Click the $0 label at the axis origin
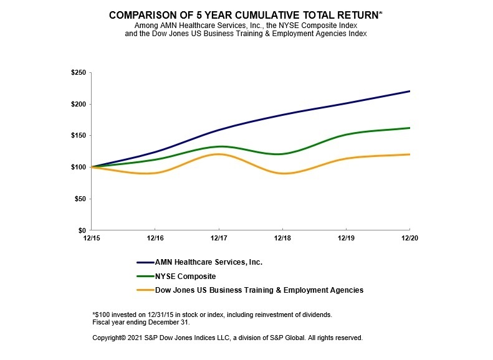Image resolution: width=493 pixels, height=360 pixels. coord(84,230)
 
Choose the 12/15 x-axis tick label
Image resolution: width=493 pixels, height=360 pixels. coord(92,238)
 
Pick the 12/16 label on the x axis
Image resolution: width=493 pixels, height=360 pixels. coord(155,238)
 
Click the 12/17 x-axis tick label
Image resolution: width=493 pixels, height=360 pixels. coord(219,238)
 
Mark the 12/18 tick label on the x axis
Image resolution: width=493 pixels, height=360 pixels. coord(282,238)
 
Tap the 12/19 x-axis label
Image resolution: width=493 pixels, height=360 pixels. coord(346,238)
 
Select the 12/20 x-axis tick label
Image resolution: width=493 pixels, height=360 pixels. coord(409,238)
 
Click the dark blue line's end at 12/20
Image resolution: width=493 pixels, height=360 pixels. coord(409,92)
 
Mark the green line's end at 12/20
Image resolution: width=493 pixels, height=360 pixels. coord(409,128)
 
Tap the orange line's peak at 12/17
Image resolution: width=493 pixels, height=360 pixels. coord(219,154)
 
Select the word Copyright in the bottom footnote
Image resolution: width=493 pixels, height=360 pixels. coord(108,338)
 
